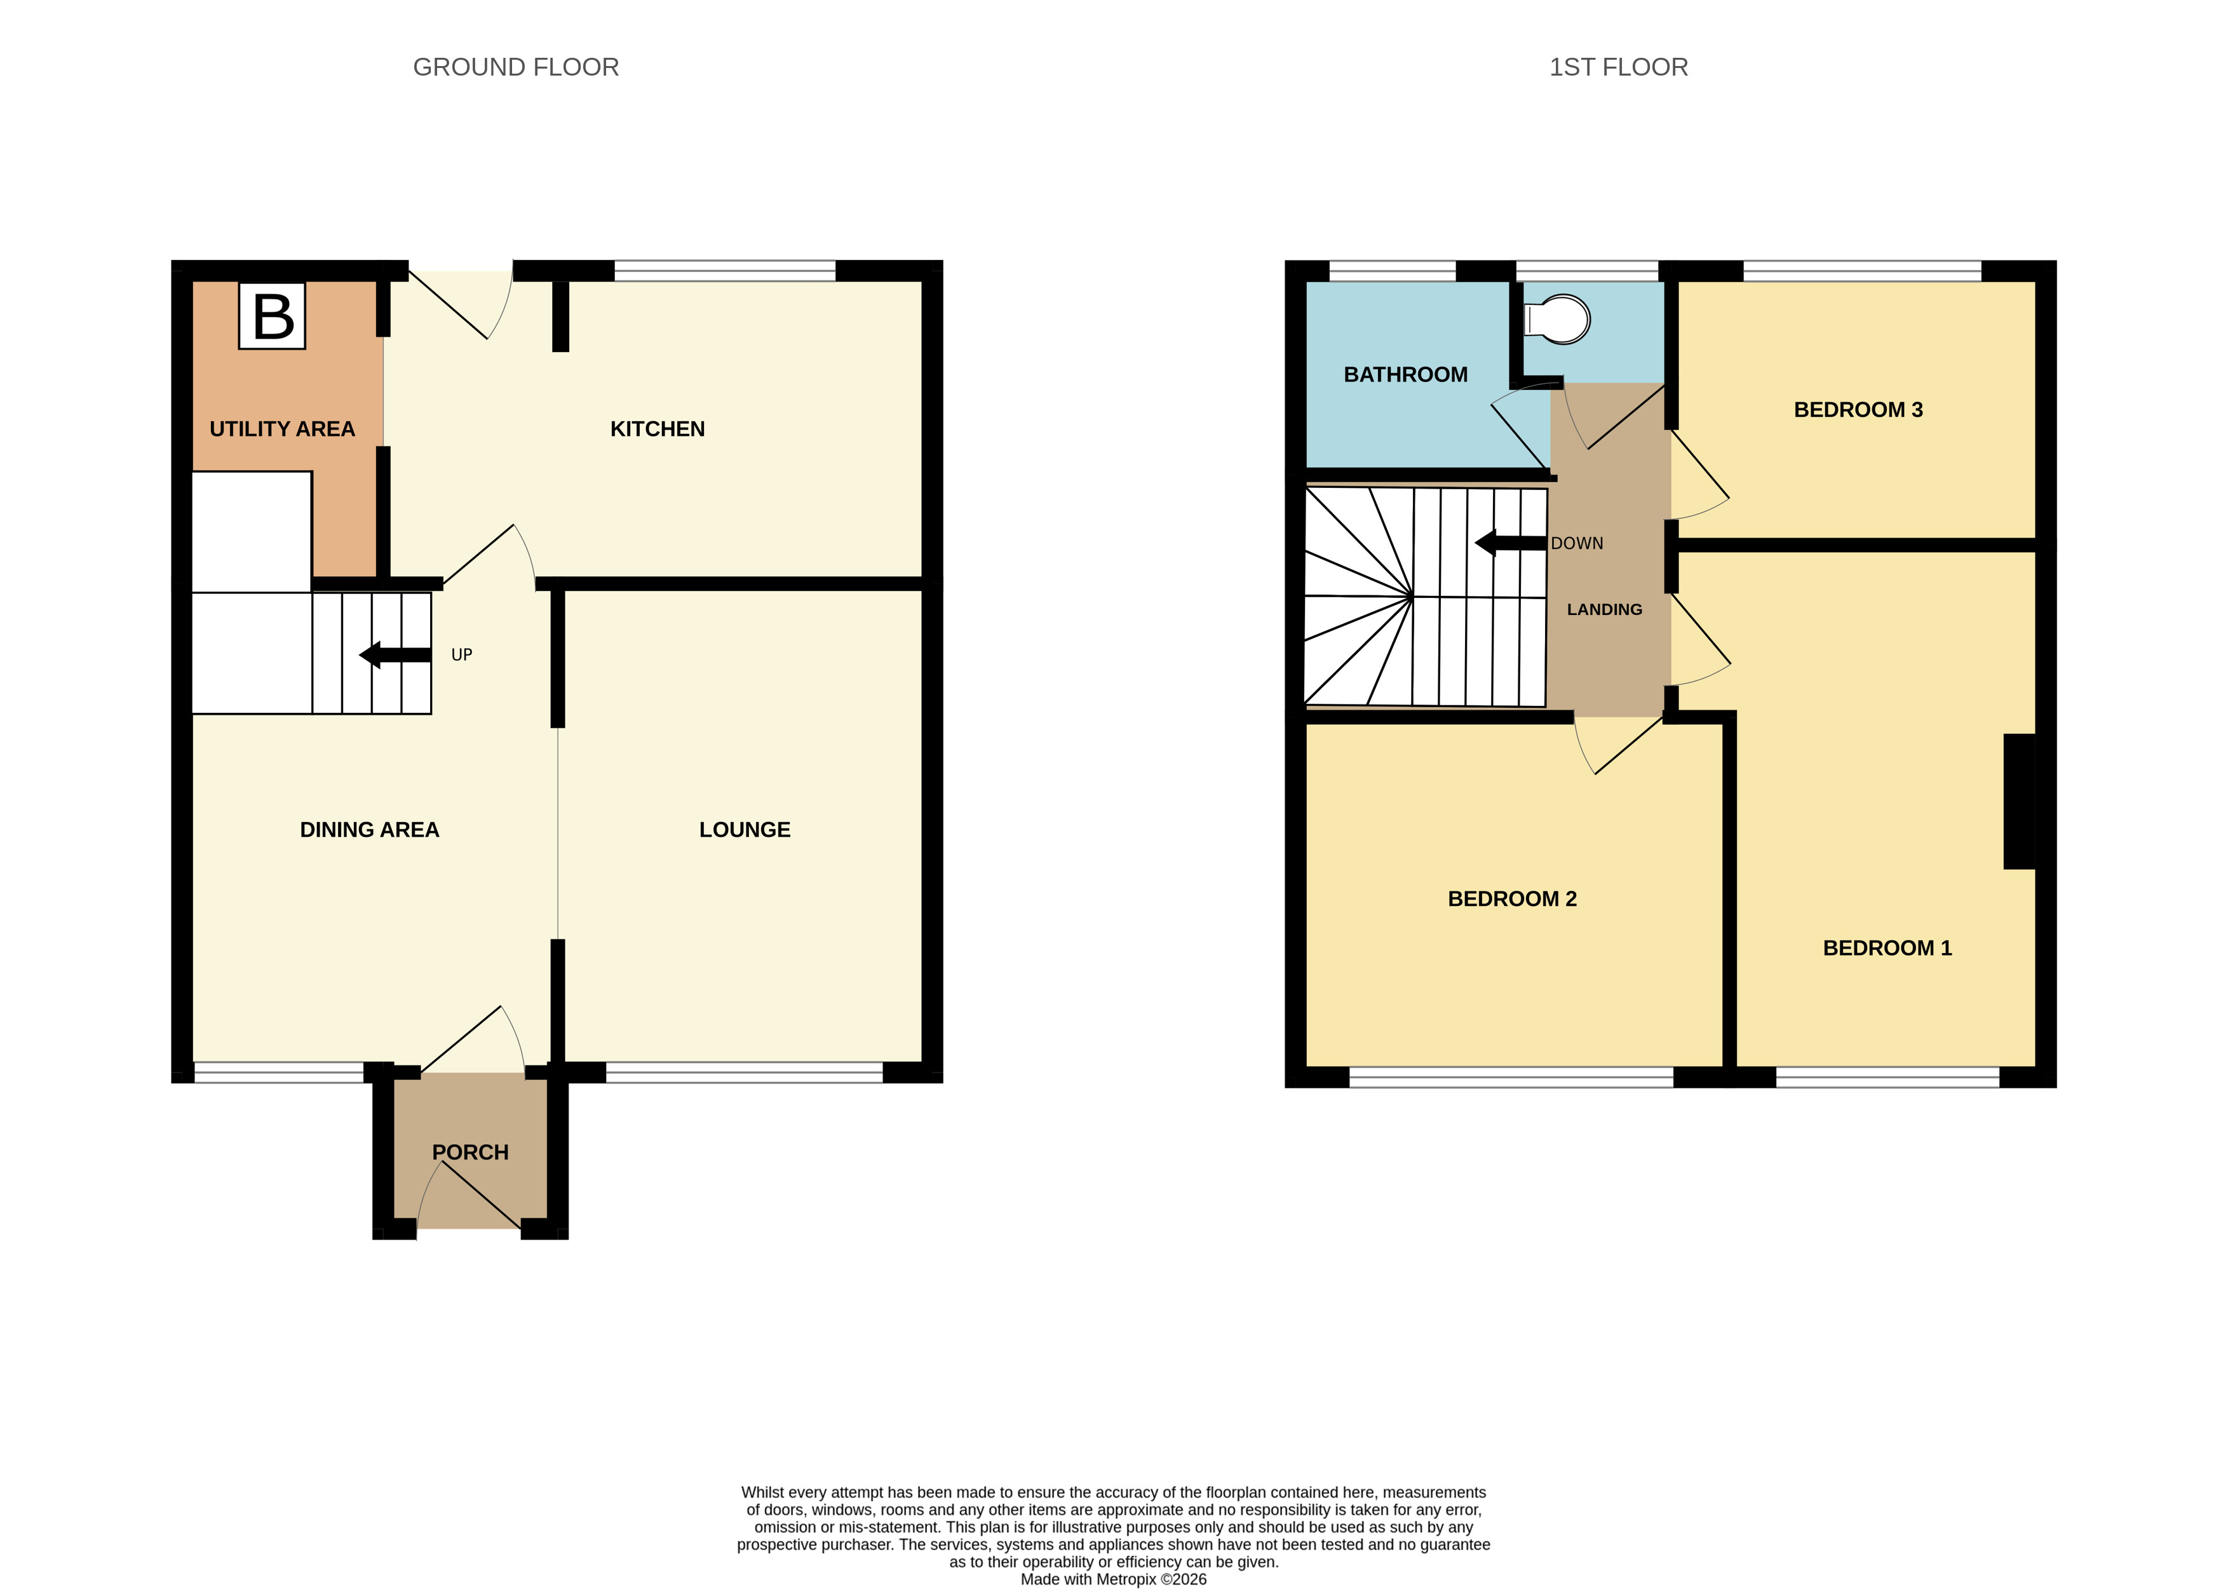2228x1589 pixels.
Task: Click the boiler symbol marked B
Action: click(x=272, y=316)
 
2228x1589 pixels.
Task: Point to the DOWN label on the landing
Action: click(x=1576, y=543)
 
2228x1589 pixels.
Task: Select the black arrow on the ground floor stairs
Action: click(x=395, y=654)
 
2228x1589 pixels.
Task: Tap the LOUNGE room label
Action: click(x=744, y=830)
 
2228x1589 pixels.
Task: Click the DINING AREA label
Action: click(x=369, y=830)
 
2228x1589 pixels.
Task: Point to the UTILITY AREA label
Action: click(x=282, y=429)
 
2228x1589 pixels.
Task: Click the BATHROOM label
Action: click(x=1405, y=375)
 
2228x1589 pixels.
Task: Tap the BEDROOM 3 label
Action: click(x=1857, y=410)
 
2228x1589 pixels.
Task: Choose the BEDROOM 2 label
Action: click(x=1512, y=899)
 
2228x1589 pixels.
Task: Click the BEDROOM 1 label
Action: click(x=1886, y=948)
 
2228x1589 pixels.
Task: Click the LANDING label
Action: click(x=1603, y=609)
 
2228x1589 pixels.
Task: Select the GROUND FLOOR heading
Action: click(x=516, y=67)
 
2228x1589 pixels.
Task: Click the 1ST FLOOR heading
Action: click(x=1618, y=67)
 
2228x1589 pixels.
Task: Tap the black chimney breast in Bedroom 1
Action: click(x=2018, y=801)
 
